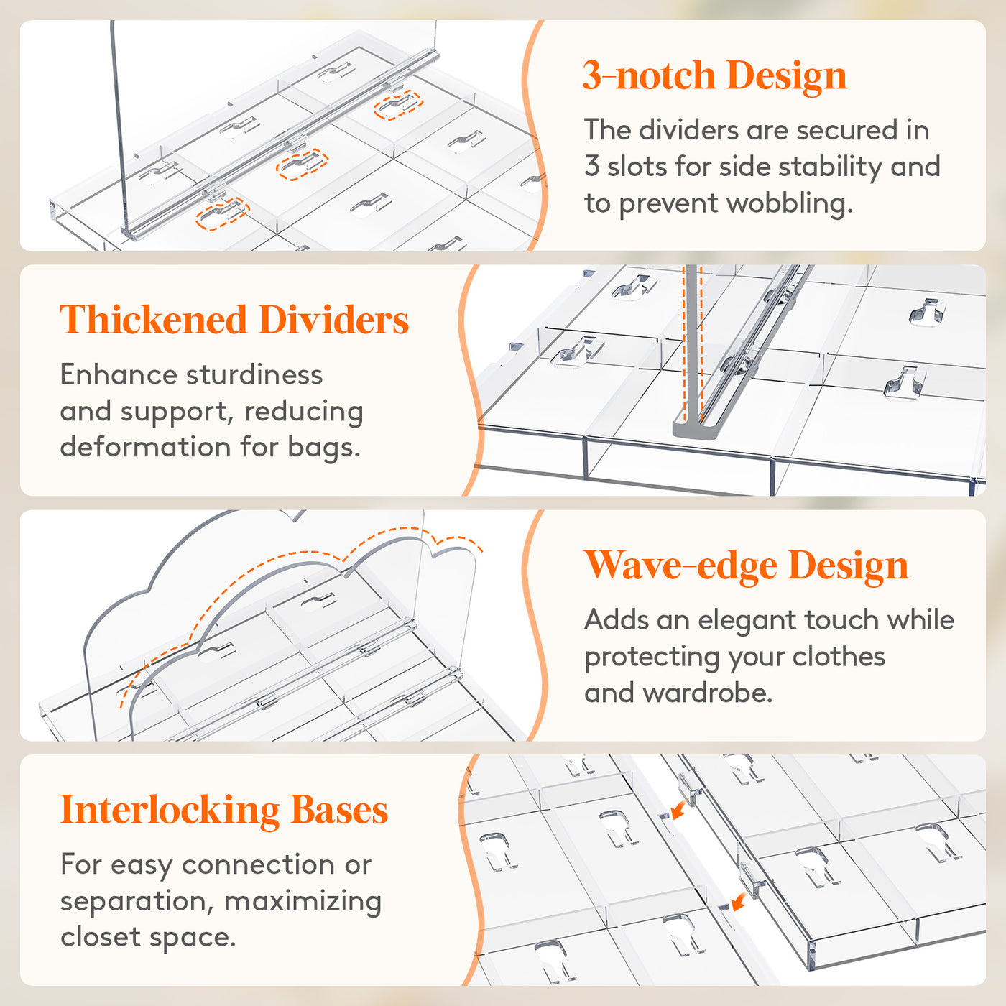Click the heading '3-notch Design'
pyautogui.click(x=714, y=76)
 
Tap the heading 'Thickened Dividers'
pyautogui.click(x=234, y=319)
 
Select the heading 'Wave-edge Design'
pyautogui.click(x=746, y=566)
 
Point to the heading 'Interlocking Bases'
pyautogui.click(x=224, y=811)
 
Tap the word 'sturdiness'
pyautogui.click(x=254, y=374)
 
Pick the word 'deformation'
pyautogui.click(x=146, y=447)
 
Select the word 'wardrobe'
pyautogui.click(x=707, y=693)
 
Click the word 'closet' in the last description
pyautogui.click(x=101, y=937)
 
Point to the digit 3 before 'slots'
pyautogui.click(x=591, y=166)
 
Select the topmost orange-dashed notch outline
pyautogui.click(x=398, y=105)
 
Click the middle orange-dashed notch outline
pyautogui.click(x=303, y=165)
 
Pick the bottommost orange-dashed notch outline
pyautogui.click(x=223, y=213)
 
